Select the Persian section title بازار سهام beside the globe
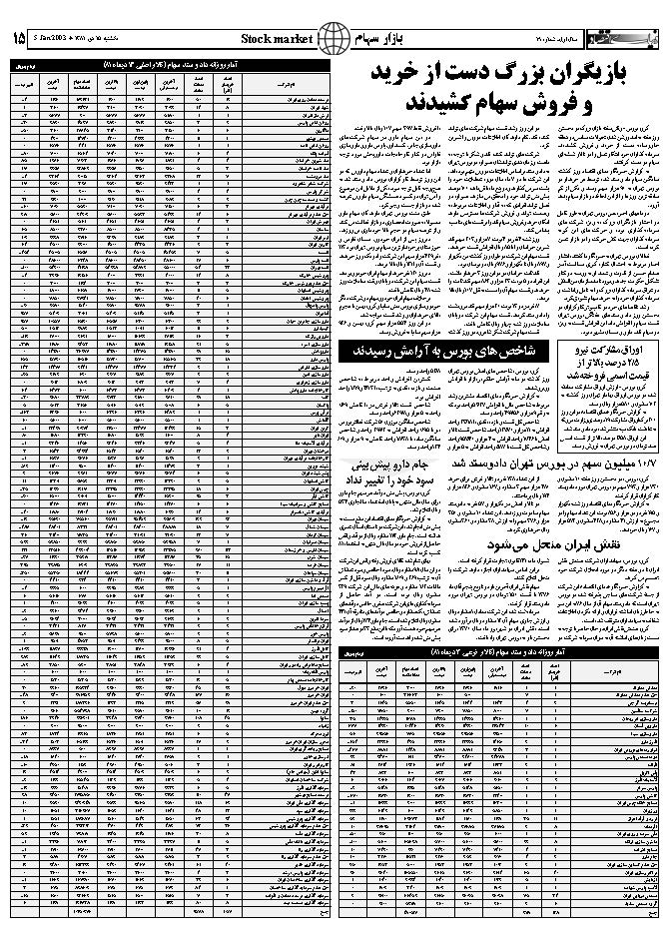[371, 38]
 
